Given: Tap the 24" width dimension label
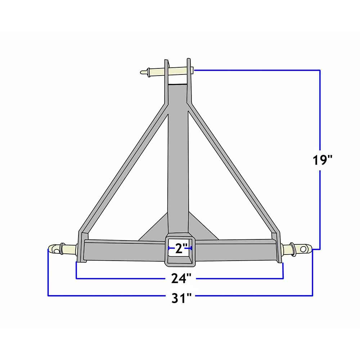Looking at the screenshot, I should point(181,278).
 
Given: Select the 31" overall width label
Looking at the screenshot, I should point(181,298).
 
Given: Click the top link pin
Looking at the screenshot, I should point(176,71).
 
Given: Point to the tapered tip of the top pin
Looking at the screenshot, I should point(143,73).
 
